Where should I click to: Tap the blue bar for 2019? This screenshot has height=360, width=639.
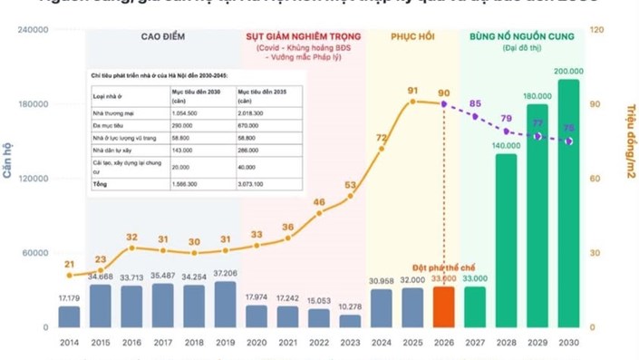(x=225, y=304)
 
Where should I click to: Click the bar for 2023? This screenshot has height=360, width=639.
(x=350, y=320)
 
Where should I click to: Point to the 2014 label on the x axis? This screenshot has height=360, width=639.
(x=69, y=344)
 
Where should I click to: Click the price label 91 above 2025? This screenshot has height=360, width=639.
(x=412, y=91)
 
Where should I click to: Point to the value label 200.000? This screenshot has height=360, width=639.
(x=569, y=71)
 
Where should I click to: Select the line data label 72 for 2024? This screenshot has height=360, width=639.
(x=382, y=139)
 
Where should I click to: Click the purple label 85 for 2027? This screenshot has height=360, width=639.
(x=475, y=103)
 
